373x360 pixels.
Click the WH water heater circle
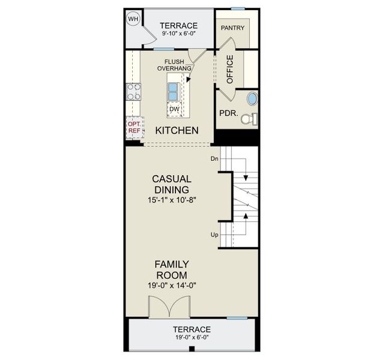[x=133, y=19]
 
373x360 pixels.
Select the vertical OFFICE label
[x=229, y=70]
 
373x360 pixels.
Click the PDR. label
[x=227, y=112]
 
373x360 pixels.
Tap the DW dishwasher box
[x=174, y=109]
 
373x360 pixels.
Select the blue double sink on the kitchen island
[x=173, y=91]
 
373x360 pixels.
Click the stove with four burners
[x=134, y=92]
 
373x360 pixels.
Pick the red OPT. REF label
[x=133, y=127]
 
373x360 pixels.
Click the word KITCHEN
[x=177, y=130]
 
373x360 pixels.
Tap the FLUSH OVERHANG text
[x=174, y=65]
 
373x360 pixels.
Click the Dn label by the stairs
[x=214, y=159]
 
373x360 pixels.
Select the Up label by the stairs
[x=214, y=235]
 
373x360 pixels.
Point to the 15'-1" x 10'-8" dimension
[x=172, y=201]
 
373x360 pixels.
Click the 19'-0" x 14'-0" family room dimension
[x=172, y=286]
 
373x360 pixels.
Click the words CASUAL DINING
[x=172, y=184]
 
